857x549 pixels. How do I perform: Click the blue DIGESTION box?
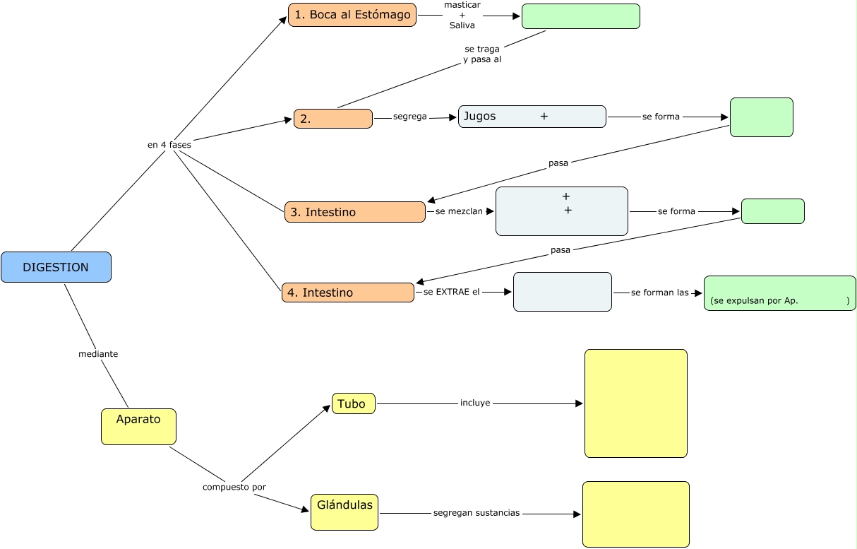point(56,267)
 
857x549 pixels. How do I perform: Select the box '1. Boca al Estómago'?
point(352,15)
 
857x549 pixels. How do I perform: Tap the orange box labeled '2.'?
point(332,119)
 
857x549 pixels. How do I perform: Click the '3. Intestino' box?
point(354,212)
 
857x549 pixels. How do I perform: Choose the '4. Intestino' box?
point(347,293)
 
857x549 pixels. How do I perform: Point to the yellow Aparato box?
point(138,427)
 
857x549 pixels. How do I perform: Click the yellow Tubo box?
point(353,403)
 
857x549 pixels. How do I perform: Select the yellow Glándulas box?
point(344,512)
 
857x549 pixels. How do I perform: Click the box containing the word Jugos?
point(532,117)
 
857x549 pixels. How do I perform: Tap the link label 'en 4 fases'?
point(169,144)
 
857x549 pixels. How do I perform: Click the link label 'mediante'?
point(98,354)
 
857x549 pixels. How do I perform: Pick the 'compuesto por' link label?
point(234,487)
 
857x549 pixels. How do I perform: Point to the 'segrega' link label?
point(410,117)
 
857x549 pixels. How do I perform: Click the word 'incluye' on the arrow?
point(475,403)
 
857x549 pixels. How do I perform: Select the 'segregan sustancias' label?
point(477,512)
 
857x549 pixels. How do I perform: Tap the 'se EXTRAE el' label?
point(452,291)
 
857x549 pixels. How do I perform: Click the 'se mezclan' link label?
point(454,211)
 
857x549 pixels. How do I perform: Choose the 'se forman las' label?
point(659,293)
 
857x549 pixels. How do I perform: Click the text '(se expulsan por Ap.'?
point(755,301)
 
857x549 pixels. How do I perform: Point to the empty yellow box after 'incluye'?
point(635,403)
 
